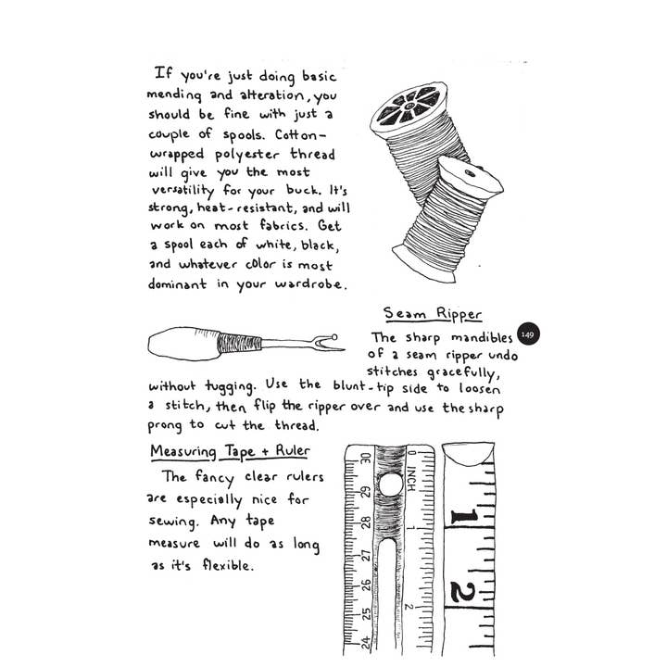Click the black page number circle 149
[527, 334]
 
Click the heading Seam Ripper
[433, 313]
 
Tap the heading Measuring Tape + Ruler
[231, 451]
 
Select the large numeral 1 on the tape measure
[464, 517]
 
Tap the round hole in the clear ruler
[390, 485]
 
